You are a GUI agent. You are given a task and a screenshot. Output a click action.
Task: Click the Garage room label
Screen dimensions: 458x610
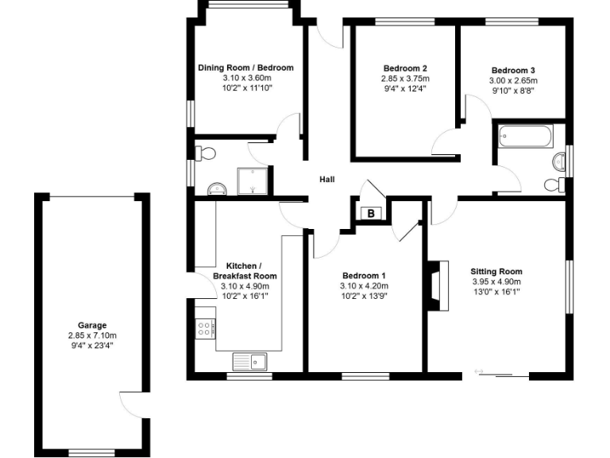pyautogui.click(x=92, y=325)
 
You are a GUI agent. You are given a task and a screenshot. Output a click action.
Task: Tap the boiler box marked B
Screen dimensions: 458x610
pyautogui.click(x=369, y=213)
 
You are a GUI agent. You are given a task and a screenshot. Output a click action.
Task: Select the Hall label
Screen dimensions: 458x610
pyautogui.click(x=326, y=180)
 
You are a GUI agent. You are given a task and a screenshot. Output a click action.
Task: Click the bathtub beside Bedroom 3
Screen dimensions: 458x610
pyautogui.click(x=525, y=137)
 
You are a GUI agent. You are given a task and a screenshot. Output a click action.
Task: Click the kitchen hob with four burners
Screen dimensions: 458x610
pyautogui.click(x=204, y=328)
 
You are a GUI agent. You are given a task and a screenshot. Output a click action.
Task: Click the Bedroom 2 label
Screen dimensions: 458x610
pyautogui.click(x=405, y=68)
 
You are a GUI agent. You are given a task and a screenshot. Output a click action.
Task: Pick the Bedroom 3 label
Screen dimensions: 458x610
pyautogui.click(x=513, y=70)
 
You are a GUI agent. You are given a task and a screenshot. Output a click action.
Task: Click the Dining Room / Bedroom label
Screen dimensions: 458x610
pyautogui.click(x=245, y=68)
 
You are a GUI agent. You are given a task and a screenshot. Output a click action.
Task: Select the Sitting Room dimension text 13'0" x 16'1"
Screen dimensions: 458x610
pyautogui.click(x=496, y=292)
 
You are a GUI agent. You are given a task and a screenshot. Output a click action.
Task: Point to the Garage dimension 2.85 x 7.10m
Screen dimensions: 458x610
pyautogui.click(x=92, y=336)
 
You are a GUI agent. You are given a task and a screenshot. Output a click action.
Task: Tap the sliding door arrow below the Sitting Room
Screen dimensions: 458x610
pyautogui.click(x=480, y=371)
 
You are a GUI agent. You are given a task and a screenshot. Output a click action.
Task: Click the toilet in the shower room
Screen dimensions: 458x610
pyautogui.click(x=205, y=153)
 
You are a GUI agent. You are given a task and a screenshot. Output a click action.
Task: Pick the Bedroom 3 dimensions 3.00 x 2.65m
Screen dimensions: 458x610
pyautogui.click(x=513, y=80)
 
